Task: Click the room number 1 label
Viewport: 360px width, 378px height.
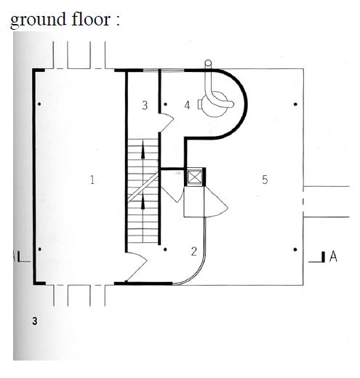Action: tap(92, 180)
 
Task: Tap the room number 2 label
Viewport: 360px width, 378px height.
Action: tap(193, 252)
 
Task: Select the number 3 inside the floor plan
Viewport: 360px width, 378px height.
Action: tap(145, 105)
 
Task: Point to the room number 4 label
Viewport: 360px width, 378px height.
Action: tap(187, 105)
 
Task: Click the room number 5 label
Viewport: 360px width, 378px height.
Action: tap(265, 180)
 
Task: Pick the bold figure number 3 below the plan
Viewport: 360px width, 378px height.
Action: tap(35, 321)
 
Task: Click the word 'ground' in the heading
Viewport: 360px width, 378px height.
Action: tap(38, 20)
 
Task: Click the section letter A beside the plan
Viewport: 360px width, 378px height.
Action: tap(333, 257)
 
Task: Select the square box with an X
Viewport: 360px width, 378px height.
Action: tap(195, 177)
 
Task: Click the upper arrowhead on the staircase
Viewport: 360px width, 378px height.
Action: tap(143, 150)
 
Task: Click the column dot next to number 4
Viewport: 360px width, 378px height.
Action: tap(165, 104)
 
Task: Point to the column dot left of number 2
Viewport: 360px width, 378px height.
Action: tap(165, 249)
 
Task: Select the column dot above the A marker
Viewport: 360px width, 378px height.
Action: tap(295, 249)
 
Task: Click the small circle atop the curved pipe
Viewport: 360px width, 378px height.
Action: tap(208, 63)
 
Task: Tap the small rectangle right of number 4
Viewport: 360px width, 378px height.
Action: tap(199, 105)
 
